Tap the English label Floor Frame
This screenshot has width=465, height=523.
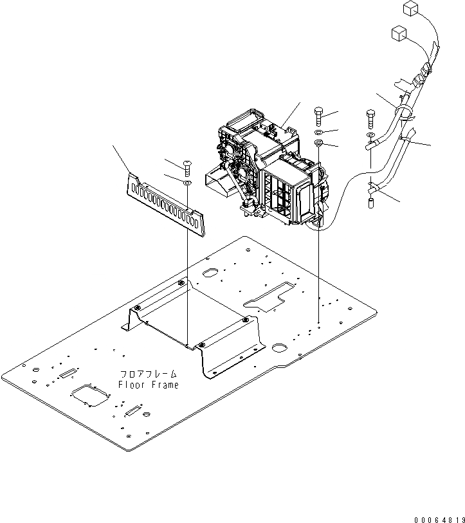pyautogui.click(x=149, y=384)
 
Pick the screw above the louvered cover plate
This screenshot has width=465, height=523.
pyautogui.click(x=187, y=169)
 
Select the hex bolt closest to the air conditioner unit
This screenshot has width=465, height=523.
pyautogui.click(x=320, y=118)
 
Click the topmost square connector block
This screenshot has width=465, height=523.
pyautogui.click(x=410, y=8)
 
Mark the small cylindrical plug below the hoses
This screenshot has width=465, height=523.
pyautogui.click(x=370, y=203)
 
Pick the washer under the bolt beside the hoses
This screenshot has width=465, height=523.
pyautogui.click(x=369, y=136)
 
